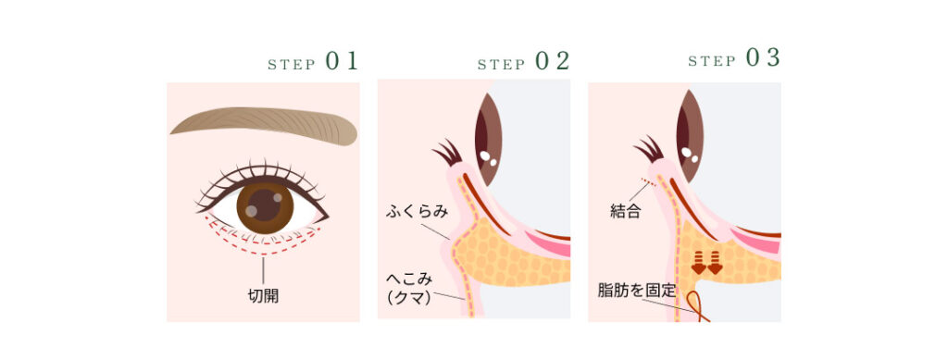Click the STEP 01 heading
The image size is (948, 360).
(312, 62)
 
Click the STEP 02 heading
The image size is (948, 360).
(523, 62)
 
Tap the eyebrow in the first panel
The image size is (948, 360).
(264, 125)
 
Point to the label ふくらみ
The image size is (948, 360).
(417, 212)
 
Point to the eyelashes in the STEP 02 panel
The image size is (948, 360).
(445, 151)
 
